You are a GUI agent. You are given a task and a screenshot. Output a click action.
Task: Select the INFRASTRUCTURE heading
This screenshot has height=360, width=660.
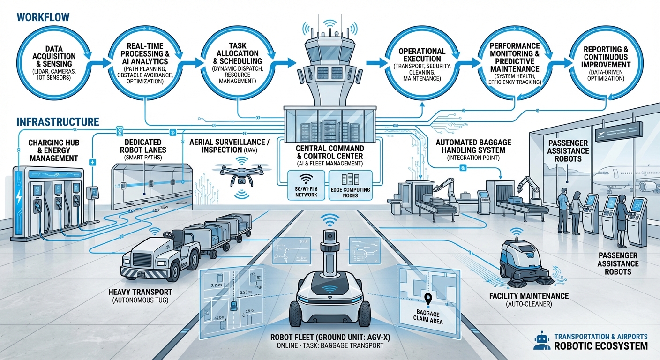[x=58, y=122]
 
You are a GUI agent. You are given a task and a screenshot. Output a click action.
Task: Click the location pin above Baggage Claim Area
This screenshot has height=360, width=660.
[x=427, y=299]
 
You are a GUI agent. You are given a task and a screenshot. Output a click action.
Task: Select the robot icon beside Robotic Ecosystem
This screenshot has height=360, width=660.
[x=542, y=341]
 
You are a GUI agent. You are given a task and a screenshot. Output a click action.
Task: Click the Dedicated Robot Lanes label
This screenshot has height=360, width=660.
[x=143, y=145]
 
